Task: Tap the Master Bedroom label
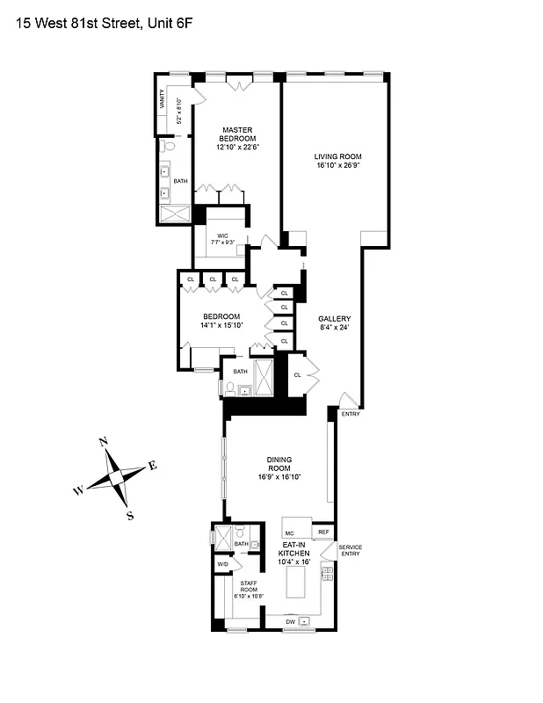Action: point(238,134)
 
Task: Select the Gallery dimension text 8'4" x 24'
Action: point(335,329)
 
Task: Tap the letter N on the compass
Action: point(103,442)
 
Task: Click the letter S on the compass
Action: point(130,516)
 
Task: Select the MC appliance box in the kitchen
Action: point(290,532)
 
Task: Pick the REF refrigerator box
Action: point(323,532)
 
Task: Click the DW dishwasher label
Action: point(290,621)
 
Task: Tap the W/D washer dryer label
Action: point(223,564)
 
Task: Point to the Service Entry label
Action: point(351,551)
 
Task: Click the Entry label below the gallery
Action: point(351,413)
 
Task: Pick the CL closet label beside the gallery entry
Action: point(297,374)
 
